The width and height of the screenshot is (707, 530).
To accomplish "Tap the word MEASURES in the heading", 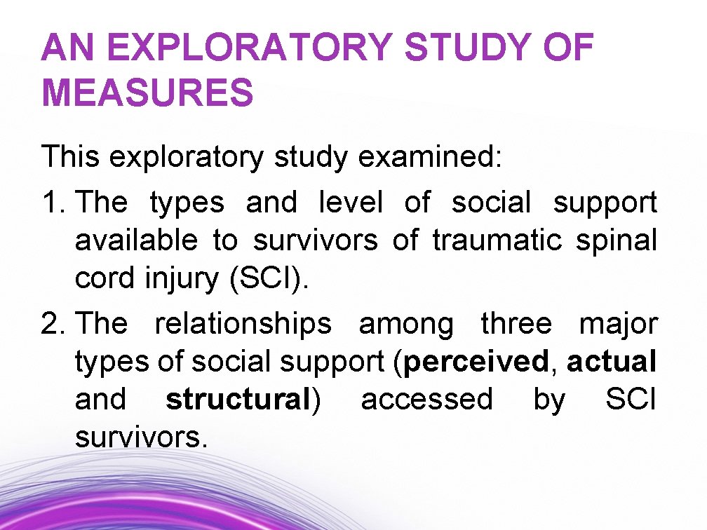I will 147,93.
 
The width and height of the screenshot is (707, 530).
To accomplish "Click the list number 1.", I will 53,203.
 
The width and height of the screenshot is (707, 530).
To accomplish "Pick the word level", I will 351,203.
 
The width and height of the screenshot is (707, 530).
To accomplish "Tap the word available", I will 136,241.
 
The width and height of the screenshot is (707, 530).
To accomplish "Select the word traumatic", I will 497,241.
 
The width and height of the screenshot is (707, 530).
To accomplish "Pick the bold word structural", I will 238,400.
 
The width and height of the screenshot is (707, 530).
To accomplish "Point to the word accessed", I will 427,400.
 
